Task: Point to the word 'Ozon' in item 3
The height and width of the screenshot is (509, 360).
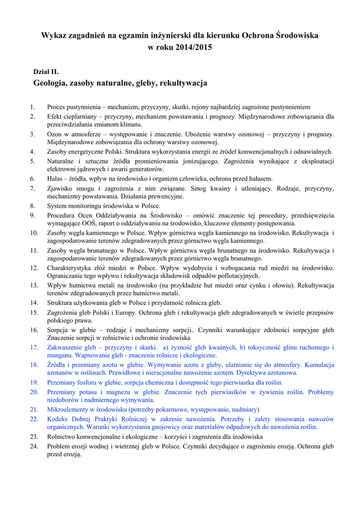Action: point(55,134)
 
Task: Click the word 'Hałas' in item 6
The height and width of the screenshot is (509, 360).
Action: point(56,178)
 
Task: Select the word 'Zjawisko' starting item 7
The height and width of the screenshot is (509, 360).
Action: point(60,188)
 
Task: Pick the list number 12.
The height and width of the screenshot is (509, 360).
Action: point(34,268)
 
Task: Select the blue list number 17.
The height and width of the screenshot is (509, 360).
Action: point(34,347)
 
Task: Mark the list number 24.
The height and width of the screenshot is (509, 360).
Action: point(34,446)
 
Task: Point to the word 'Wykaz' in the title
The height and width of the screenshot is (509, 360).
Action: point(54,36)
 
